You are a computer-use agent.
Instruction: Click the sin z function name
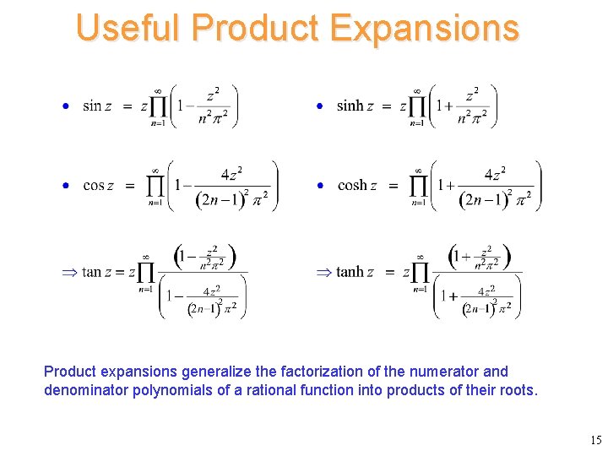coord(97,106)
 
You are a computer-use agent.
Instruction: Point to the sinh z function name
coord(355,106)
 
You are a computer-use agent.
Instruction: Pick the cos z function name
coord(100,186)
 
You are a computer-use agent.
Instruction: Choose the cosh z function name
coord(357,186)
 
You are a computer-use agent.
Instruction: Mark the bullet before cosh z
coord(320,186)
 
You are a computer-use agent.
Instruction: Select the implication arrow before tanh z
coord(323,272)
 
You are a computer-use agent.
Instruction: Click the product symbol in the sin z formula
coord(159,106)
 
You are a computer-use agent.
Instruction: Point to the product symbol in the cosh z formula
coord(418,186)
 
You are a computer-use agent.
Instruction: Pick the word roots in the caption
coord(518,390)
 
